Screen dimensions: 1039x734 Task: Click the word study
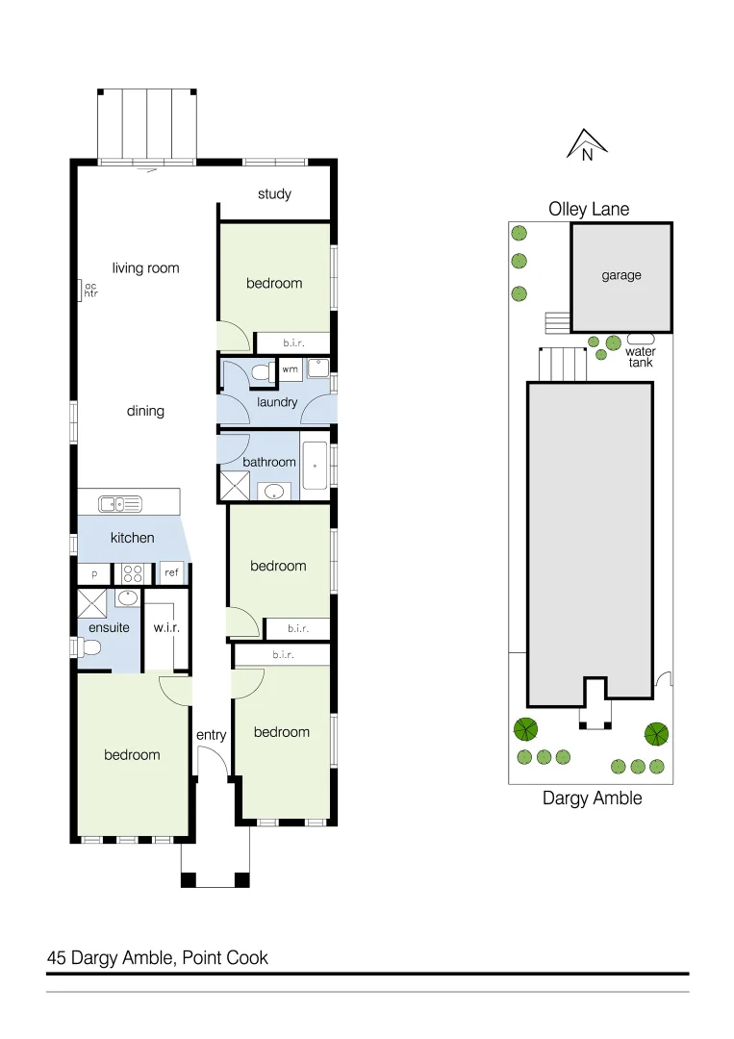pos(274,194)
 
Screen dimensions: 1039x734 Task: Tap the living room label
pos(145,268)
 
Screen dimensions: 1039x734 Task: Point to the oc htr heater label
pos(90,290)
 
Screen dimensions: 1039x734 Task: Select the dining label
pos(145,411)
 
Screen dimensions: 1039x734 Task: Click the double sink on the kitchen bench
pos(120,502)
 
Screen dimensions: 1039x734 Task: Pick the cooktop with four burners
pos(132,573)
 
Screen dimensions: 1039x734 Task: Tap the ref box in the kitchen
pos(171,573)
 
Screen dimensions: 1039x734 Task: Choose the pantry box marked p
pos(94,573)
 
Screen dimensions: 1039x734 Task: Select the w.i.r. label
pos(166,628)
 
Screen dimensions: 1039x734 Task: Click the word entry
pos(211,735)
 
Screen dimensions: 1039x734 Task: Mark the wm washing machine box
pos(290,369)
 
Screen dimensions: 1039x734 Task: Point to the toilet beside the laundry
pos(259,371)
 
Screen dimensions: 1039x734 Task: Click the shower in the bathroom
pos(234,487)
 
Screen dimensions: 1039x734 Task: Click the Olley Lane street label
pos(589,209)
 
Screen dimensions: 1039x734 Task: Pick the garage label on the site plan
pos(621,276)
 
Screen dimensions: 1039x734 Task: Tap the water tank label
pos(641,357)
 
